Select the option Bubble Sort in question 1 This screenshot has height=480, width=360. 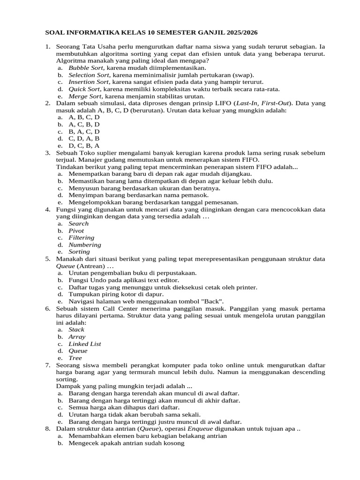point(86,68)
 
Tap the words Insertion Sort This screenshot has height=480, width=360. point(89,82)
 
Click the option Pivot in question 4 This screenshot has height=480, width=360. point(76,231)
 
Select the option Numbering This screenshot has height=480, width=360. point(85,245)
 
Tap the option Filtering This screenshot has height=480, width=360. point(82,238)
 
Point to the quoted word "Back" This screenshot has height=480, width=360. point(214,301)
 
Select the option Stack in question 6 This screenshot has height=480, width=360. point(76,330)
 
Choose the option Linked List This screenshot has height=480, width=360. point(85,344)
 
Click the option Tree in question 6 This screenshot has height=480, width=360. point(75,358)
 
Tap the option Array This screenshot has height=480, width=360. point(77,337)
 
